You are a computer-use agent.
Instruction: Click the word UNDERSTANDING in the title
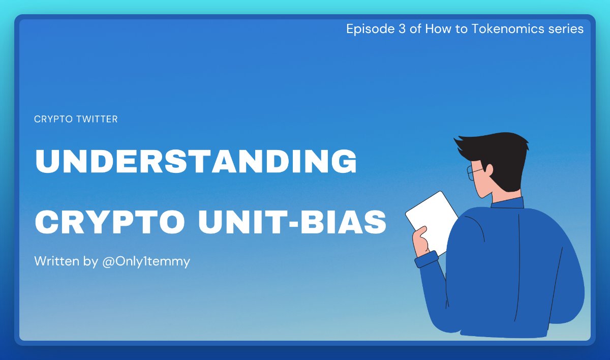196,161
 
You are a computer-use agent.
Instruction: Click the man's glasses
475,173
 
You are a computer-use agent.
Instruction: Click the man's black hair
501,153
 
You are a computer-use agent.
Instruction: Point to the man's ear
489,170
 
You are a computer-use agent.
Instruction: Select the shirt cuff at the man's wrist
426,260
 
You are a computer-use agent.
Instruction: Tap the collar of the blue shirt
508,203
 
